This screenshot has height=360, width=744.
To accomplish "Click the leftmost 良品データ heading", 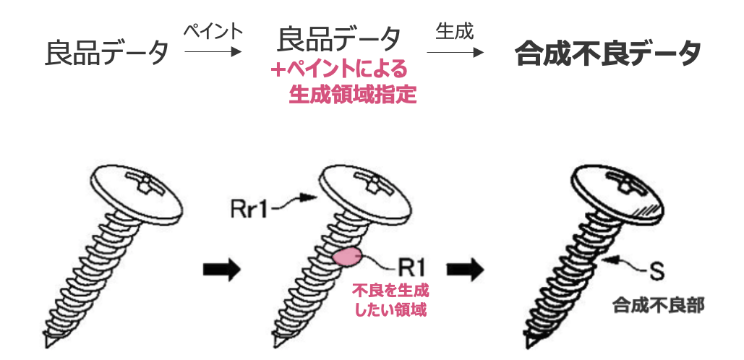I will [x=107, y=52].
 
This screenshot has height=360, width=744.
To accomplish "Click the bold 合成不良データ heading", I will [x=607, y=53].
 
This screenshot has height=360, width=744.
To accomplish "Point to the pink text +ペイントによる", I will [x=340, y=70].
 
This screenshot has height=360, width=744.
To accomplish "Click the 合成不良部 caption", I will [x=658, y=304].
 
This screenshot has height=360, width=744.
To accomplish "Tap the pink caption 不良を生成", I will [x=390, y=292].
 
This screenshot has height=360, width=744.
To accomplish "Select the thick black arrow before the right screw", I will [x=464, y=268].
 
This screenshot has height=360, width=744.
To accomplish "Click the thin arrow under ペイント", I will [x=213, y=52].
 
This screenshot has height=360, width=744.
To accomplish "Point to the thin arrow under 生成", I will [x=455, y=52].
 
